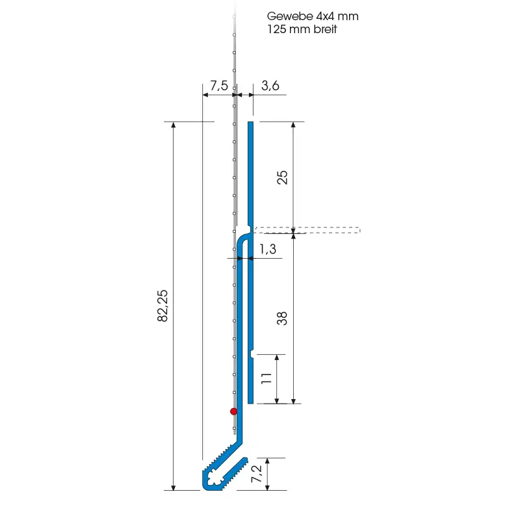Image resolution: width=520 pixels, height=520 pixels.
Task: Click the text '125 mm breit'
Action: (x=302, y=29)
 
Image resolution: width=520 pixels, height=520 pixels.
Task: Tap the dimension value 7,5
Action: (x=219, y=86)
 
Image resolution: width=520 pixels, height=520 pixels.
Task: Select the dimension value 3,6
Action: (x=270, y=86)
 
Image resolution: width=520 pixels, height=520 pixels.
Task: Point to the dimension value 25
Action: (x=282, y=177)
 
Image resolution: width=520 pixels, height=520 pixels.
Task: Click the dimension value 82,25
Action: (x=162, y=305)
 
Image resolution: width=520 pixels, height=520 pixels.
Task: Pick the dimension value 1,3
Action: (x=267, y=249)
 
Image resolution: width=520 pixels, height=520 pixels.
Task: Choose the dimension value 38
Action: (x=282, y=318)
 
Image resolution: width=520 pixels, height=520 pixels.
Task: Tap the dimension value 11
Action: (x=266, y=378)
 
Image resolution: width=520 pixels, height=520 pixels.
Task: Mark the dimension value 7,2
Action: (x=256, y=474)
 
